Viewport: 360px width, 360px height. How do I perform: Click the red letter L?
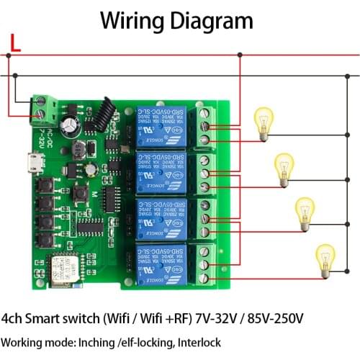pos(14,47)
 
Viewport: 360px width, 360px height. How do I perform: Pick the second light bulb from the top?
pos(284,166)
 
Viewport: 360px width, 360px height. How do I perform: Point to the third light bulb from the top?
pos(305,211)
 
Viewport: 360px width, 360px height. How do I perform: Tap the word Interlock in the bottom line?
pos(195,343)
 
